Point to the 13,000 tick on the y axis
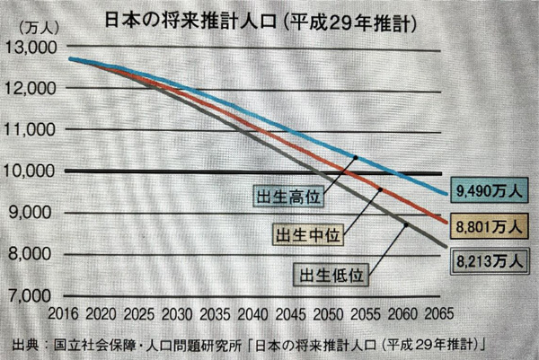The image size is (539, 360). click(30, 48)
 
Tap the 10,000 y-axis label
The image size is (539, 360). click(30, 171)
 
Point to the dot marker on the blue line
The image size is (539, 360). click(355, 157)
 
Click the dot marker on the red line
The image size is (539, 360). click(380, 190)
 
